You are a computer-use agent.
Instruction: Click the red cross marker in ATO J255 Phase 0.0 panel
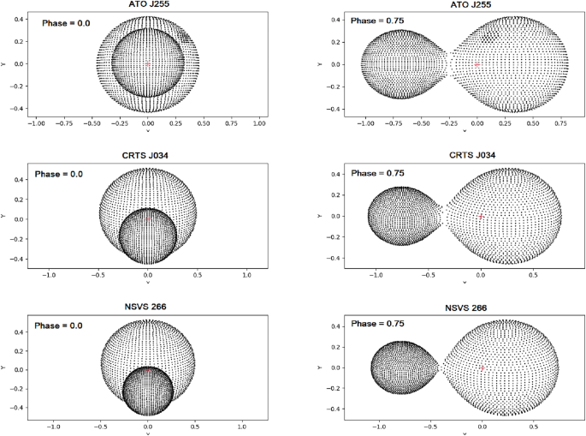pos(148,63)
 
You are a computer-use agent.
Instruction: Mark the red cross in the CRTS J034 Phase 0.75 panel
pos(481,216)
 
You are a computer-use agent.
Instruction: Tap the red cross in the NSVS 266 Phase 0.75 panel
pos(482,367)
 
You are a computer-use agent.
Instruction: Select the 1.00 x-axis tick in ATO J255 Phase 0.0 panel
pos(259,123)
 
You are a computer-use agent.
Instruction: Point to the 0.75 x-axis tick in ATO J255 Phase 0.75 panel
pos(559,123)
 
